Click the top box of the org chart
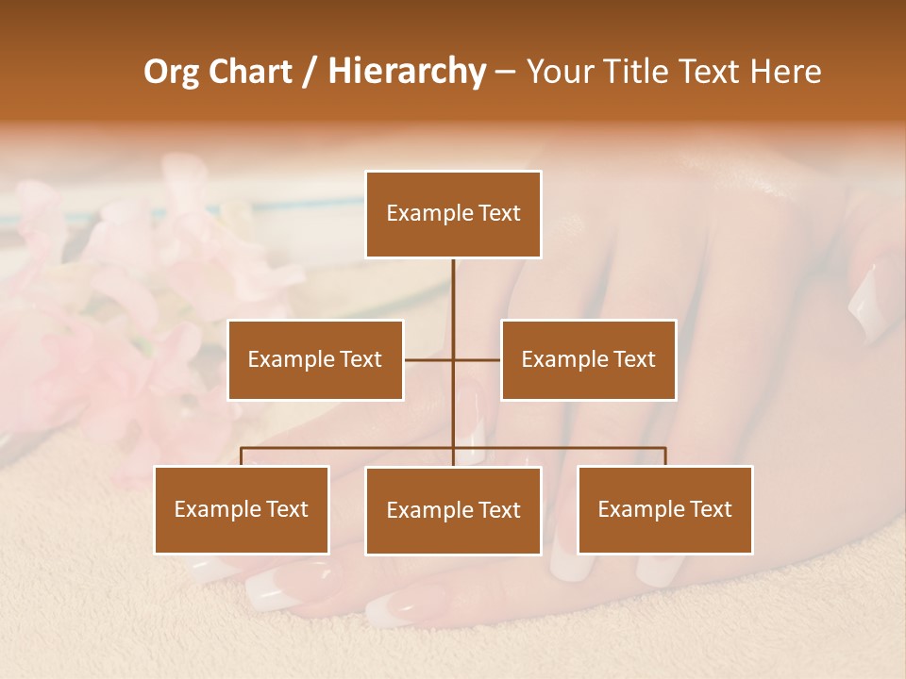[x=453, y=214]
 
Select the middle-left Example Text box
[x=315, y=359]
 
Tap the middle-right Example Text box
[x=588, y=359]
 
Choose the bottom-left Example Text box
[x=242, y=509]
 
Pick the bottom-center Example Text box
[x=453, y=510]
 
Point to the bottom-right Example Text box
[x=664, y=509]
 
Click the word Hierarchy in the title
[x=407, y=71]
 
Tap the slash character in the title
[x=310, y=73]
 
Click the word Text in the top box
[x=498, y=213]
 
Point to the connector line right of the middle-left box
[x=428, y=359]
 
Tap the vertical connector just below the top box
[x=453, y=283]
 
